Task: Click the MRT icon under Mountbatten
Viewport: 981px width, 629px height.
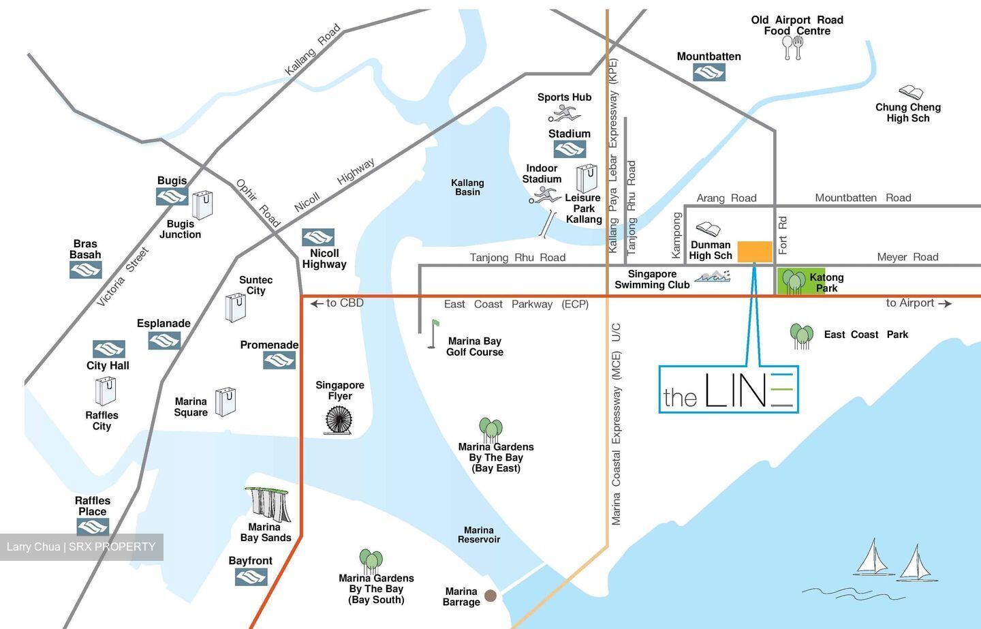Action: point(708,72)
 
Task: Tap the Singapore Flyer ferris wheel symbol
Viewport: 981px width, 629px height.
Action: point(338,420)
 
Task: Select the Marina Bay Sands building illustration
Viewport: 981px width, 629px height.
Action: point(268,504)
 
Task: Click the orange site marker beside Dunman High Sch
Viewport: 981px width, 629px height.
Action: point(755,251)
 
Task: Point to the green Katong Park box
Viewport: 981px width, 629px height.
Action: point(801,281)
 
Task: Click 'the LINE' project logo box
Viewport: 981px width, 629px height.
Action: point(728,389)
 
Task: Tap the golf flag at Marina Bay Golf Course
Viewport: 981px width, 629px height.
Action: point(432,334)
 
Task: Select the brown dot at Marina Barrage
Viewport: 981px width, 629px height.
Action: point(490,596)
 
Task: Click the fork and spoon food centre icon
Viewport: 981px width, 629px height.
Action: point(793,48)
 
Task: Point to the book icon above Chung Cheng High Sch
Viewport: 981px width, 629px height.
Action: point(910,93)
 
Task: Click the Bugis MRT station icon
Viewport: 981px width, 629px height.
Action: point(172,197)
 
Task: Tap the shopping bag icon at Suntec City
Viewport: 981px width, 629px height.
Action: point(236,307)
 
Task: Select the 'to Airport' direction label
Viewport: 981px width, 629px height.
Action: point(918,303)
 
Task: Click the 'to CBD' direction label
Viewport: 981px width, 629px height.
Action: point(337,303)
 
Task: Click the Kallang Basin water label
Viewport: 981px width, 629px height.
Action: point(467,187)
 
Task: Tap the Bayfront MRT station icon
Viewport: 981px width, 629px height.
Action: point(251,577)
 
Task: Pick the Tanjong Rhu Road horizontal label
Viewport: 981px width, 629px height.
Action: point(517,258)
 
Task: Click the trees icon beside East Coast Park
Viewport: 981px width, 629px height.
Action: point(802,336)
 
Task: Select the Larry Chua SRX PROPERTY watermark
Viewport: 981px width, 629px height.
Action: point(81,547)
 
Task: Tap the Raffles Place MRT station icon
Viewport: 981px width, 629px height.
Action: point(93,527)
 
